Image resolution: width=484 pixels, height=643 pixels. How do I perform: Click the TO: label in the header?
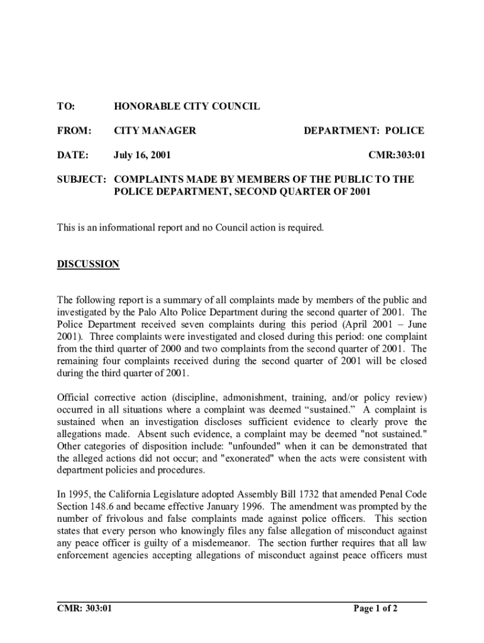(x=65, y=107)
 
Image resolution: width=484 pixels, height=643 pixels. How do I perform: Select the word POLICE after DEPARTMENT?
(x=404, y=131)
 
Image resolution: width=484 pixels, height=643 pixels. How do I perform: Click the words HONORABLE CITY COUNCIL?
(x=187, y=107)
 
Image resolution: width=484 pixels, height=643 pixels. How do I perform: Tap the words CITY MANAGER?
(x=155, y=131)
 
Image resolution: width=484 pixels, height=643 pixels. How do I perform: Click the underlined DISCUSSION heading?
(x=88, y=264)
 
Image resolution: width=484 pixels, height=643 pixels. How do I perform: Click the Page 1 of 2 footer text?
(x=375, y=608)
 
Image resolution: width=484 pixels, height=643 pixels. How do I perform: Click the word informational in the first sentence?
(x=117, y=227)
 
